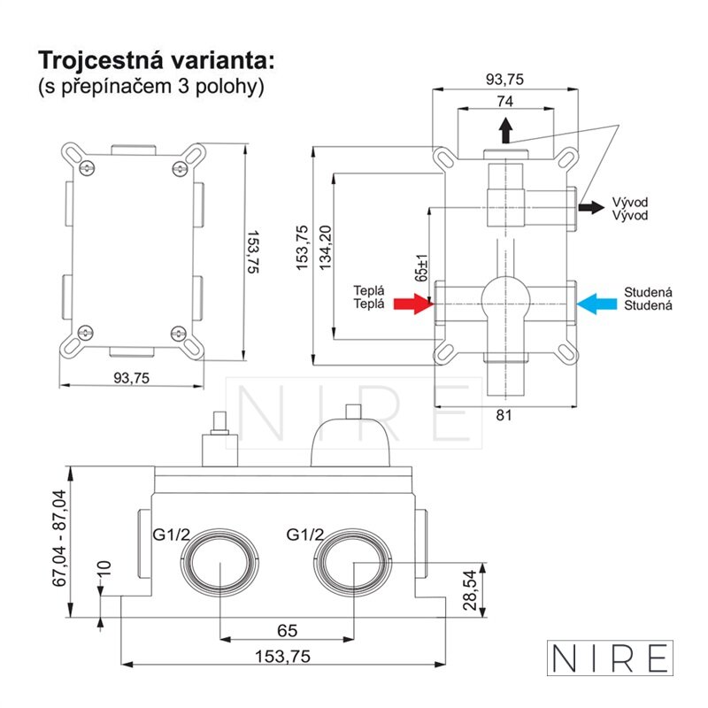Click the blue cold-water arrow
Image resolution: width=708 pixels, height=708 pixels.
(x=596, y=304)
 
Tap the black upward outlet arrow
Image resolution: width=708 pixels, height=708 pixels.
(x=505, y=130)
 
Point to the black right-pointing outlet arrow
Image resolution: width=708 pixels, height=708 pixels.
(x=591, y=207)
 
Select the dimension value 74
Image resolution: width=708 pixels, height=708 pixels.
(x=504, y=101)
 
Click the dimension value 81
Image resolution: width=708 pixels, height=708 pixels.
(x=504, y=415)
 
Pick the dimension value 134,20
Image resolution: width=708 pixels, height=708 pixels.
(x=325, y=248)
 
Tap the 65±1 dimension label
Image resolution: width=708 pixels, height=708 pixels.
(x=421, y=268)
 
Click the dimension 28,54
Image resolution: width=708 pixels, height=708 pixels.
(x=470, y=589)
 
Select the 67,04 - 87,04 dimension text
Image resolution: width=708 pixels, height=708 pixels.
(x=59, y=538)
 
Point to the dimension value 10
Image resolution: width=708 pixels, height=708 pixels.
(x=104, y=567)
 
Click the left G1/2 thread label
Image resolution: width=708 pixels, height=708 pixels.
(x=171, y=535)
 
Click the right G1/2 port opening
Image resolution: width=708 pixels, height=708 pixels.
(x=352, y=562)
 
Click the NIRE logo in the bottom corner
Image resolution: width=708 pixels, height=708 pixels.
(x=610, y=658)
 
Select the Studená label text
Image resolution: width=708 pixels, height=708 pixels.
(x=648, y=298)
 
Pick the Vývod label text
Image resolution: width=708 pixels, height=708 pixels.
(x=630, y=208)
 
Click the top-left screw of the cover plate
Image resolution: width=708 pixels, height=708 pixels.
(x=86, y=168)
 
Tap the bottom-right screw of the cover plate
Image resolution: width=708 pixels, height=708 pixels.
(x=179, y=334)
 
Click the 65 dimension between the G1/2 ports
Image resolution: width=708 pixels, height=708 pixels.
(x=287, y=630)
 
